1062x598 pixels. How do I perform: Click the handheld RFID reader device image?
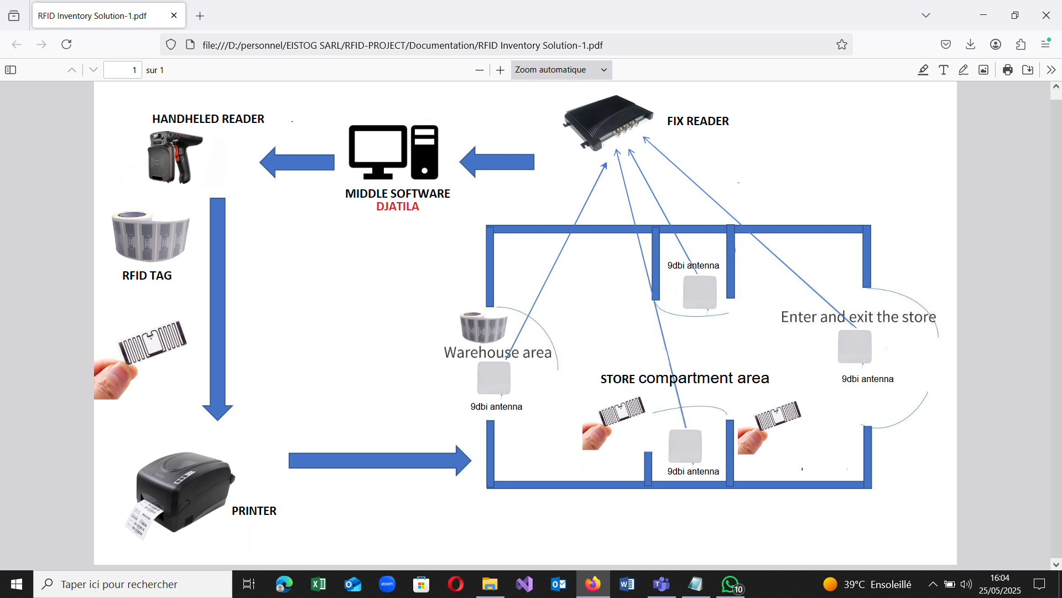coord(174,157)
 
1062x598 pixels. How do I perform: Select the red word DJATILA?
coord(397,207)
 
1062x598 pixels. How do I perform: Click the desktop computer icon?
coord(393,152)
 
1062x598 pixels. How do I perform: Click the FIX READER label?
coord(697,121)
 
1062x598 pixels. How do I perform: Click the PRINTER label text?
coord(254,511)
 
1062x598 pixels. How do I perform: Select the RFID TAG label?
coord(147,276)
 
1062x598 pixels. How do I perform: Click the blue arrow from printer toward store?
coord(379,461)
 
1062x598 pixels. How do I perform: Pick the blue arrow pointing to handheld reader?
coord(297,162)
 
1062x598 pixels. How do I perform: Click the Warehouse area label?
coord(497,353)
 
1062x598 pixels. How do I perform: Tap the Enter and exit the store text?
coord(858,317)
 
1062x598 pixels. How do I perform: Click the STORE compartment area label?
coord(684,379)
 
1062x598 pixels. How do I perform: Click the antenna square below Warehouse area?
coord(493,378)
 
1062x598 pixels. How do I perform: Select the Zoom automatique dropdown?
coord(561,70)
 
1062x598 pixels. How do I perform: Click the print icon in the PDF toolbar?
coord(1007,70)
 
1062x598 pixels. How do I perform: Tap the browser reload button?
coord(66,45)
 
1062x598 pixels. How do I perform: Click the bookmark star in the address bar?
coord(841,45)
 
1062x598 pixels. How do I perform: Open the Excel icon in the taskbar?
coord(319,584)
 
